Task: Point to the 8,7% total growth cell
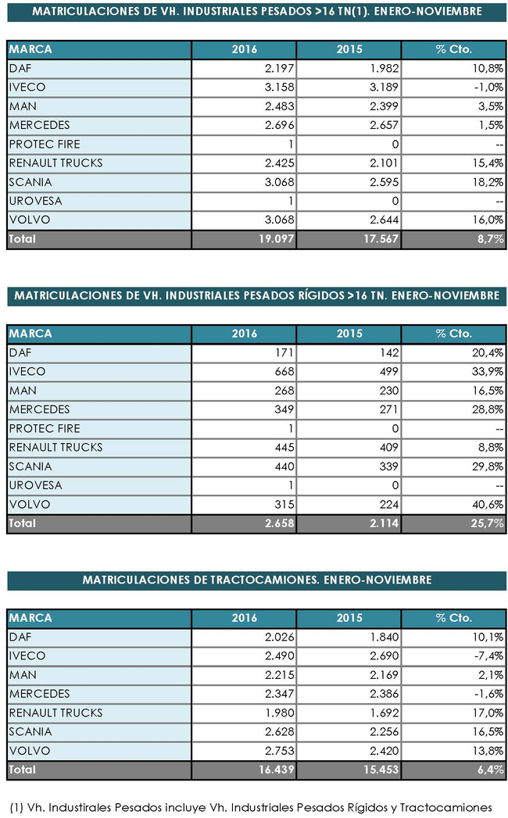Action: tap(488, 239)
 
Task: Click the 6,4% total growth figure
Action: tap(488, 770)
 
